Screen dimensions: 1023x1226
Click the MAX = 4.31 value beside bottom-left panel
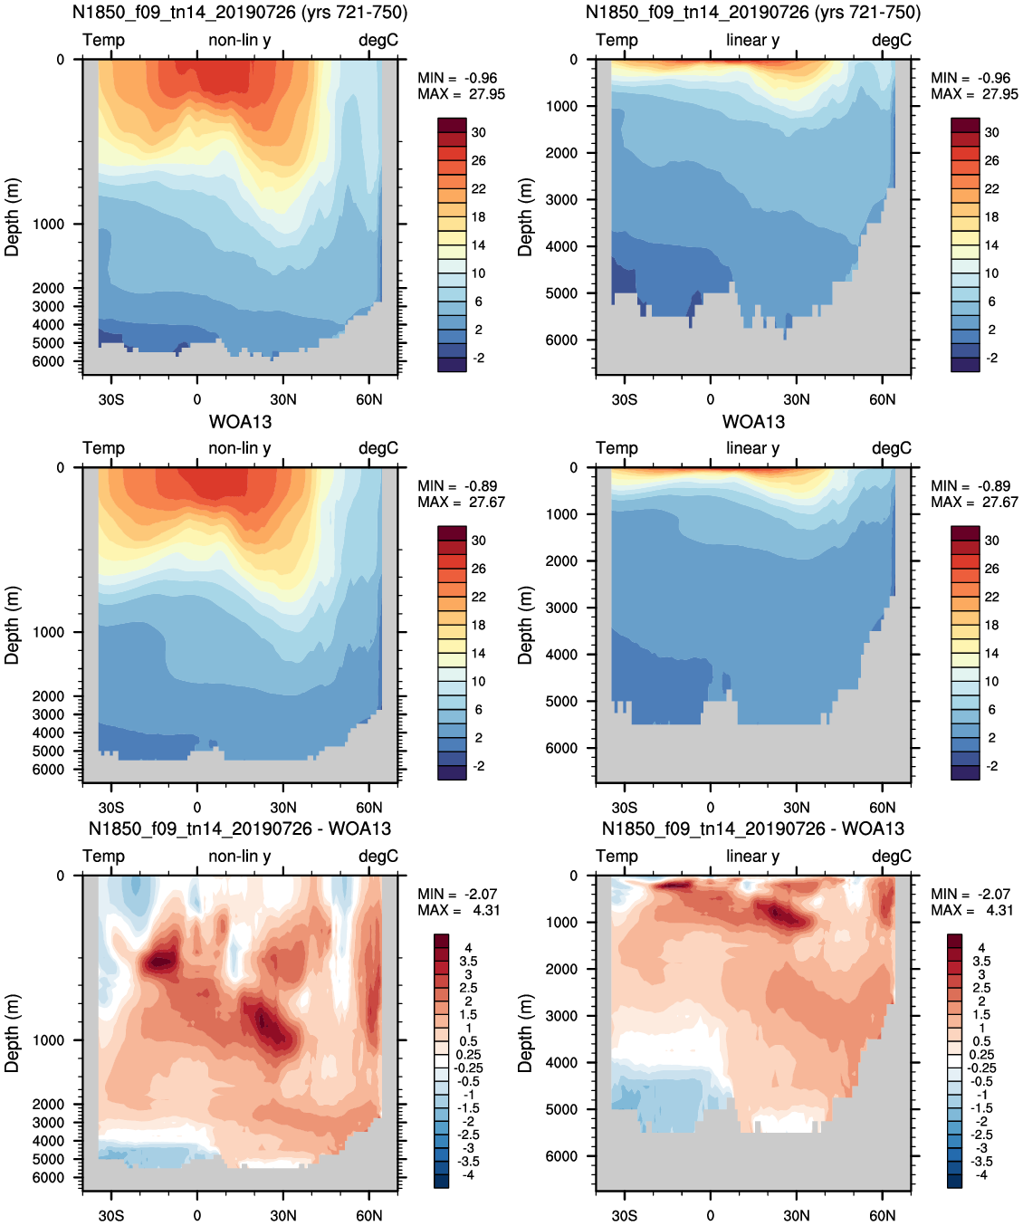coord(459,910)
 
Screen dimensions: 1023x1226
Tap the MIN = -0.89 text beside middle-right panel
coord(970,485)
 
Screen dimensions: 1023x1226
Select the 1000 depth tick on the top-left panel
coord(48,224)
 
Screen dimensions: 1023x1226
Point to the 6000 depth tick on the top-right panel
coord(561,340)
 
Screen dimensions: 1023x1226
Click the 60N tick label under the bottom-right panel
coord(882,1215)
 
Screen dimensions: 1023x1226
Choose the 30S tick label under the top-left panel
coord(111,399)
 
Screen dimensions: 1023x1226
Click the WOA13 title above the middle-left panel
coord(240,422)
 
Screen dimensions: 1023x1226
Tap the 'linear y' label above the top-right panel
coord(753,40)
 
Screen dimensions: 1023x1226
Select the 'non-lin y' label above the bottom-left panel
coord(240,856)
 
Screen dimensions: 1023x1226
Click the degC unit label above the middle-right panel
coord(892,448)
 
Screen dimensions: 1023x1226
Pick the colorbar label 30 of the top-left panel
coord(479,132)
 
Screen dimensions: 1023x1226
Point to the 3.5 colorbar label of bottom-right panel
coord(981,962)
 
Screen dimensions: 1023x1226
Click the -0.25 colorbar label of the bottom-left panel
coord(468,1068)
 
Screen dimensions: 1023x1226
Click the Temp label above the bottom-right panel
coord(617,856)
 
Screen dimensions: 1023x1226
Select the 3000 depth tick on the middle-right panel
coord(561,608)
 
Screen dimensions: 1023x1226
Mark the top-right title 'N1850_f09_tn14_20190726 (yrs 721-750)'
coord(753,12)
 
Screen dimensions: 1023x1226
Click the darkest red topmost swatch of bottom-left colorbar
coord(441,941)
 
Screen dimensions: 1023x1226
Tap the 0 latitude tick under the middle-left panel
coord(196,808)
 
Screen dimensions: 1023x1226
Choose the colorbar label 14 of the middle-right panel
coord(992,653)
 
